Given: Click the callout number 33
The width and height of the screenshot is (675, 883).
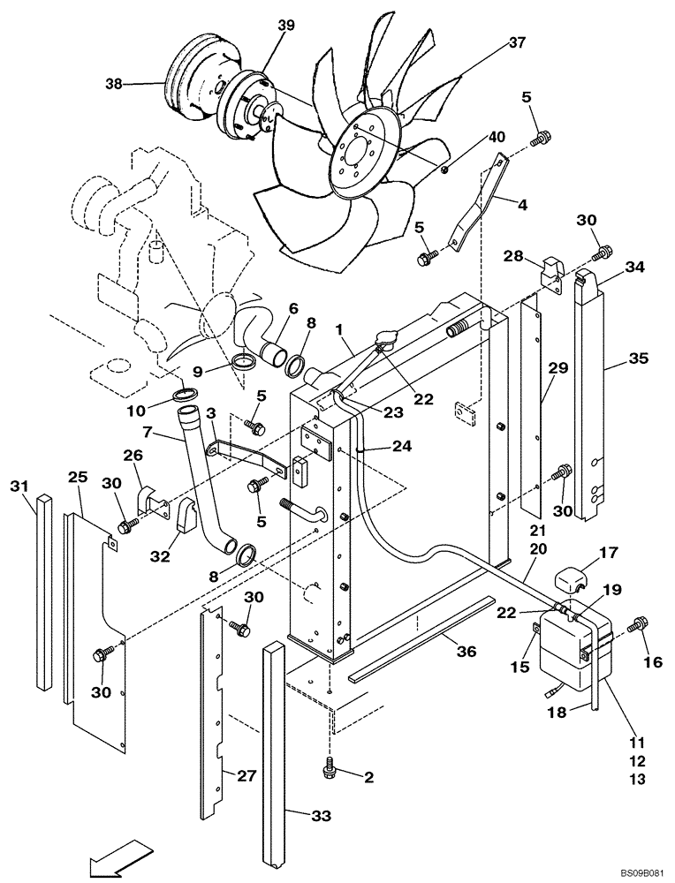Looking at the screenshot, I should [x=322, y=817].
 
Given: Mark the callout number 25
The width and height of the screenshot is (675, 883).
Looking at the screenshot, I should [x=79, y=478].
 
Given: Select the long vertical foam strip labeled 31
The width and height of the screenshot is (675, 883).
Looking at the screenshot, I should [x=44, y=592].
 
